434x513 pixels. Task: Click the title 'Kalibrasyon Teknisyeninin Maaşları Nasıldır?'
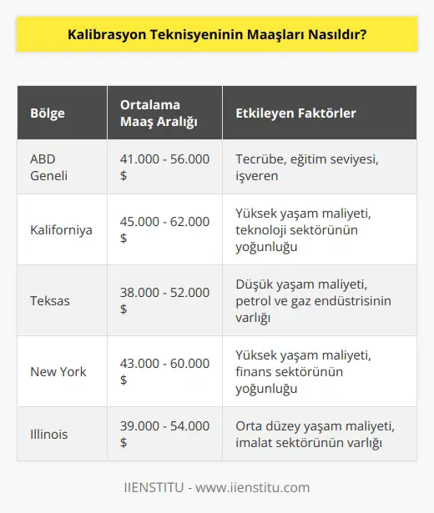[x=217, y=41]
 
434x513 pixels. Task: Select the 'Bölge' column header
[x=47, y=113]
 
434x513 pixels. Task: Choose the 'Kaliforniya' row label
[x=61, y=229]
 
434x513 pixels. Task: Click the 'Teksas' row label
[x=48, y=300]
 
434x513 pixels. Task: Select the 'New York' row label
[x=57, y=371]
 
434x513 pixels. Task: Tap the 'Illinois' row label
[x=50, y=434]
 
